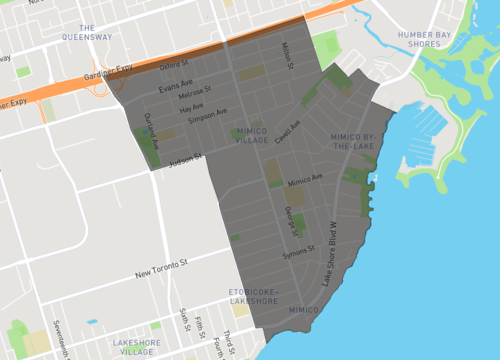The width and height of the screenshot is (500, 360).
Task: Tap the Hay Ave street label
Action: coord(191,107)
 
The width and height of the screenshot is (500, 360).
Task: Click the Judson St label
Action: coord(185,158)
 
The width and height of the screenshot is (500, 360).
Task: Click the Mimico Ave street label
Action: coord(305,182)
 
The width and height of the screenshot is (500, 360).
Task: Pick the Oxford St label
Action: coord(175,66)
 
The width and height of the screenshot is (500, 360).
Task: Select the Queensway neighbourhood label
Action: coord(87,32)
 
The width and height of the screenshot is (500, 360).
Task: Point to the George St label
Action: coord(290,222)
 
